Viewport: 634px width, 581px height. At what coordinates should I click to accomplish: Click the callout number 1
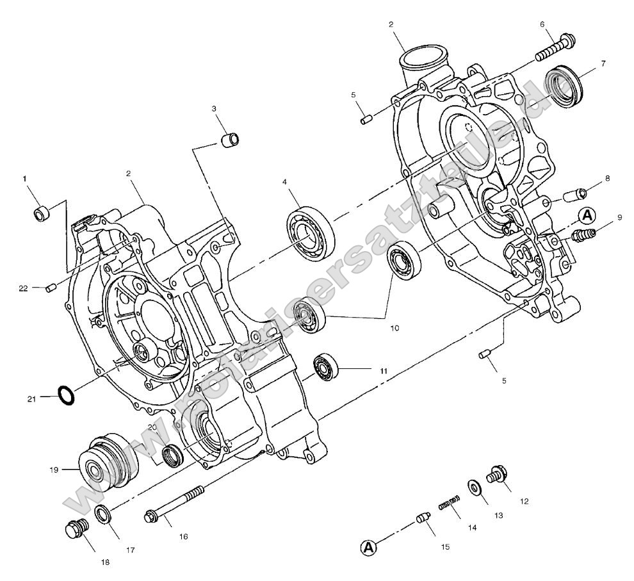pyautogui.click(x=26, y=179)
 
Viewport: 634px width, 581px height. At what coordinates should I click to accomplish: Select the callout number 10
pyautogui.click(x=394, y=327)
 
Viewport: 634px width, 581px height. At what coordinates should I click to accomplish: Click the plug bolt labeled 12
pyautogui.click(x=498, y=476)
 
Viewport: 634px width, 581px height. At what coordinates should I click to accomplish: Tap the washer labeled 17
pyautogui.click(x=102, y=513)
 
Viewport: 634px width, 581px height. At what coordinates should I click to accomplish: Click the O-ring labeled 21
pyautogui.click(x=66, y=395)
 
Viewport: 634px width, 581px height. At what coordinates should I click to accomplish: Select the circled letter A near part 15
pyautogui.click(x=368, y=548)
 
